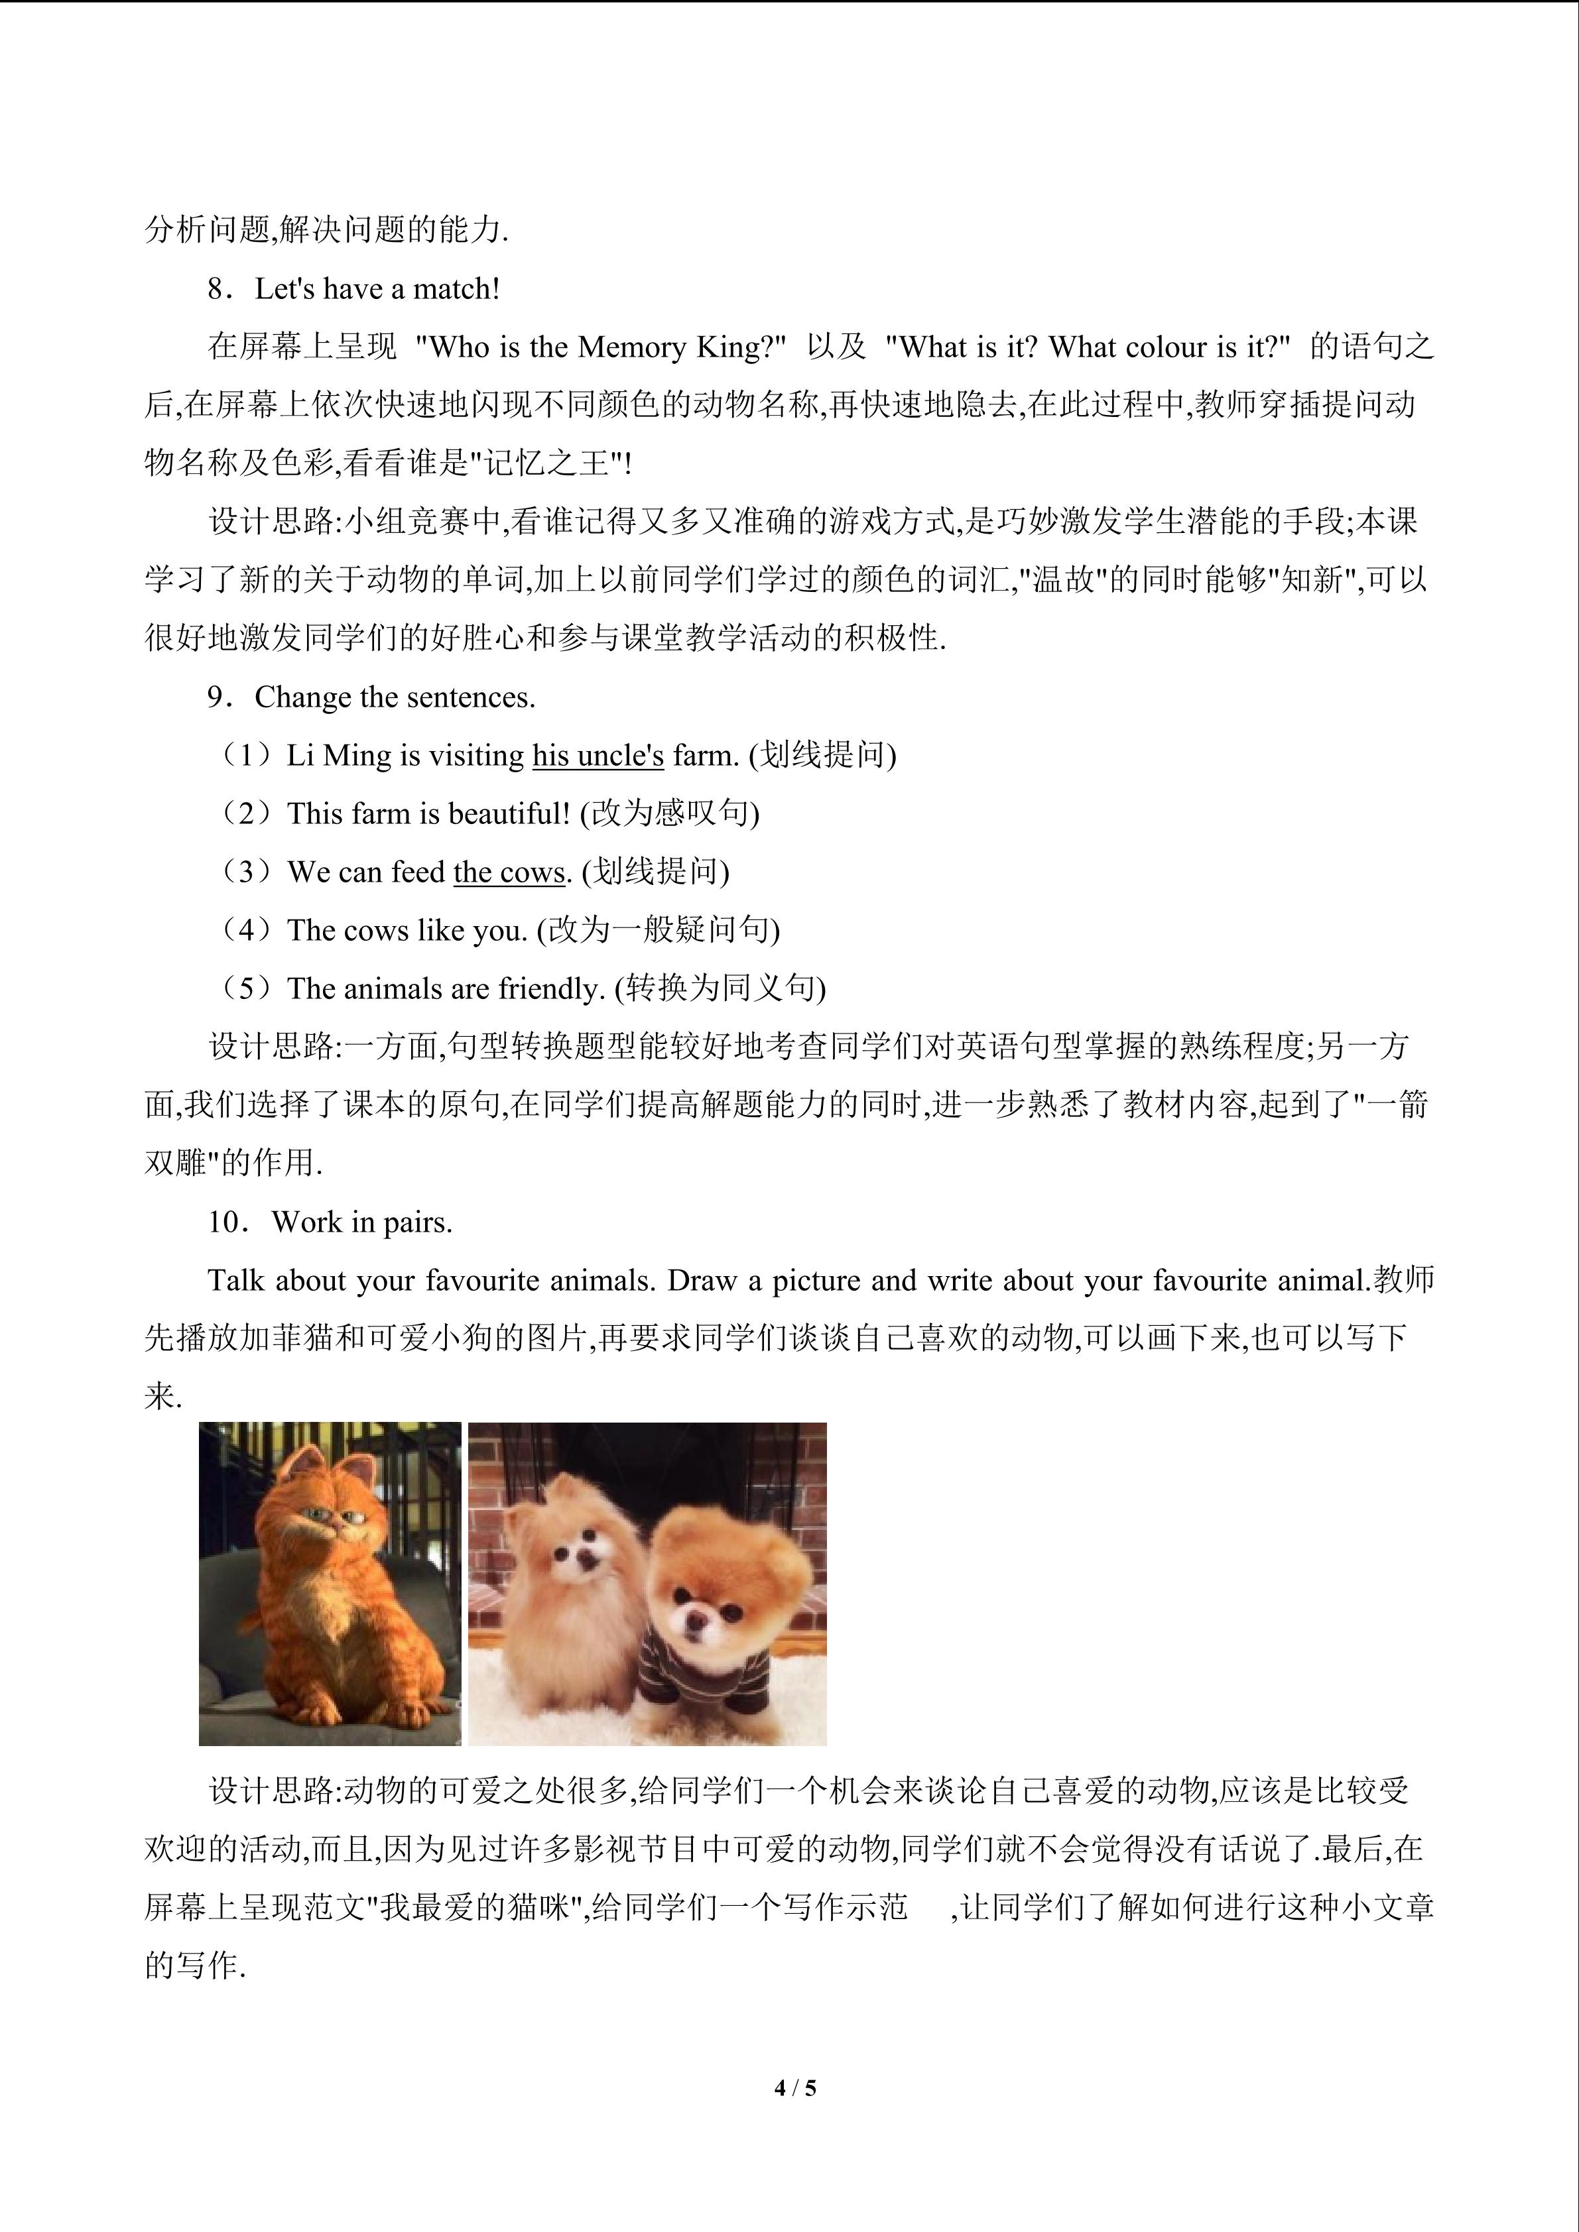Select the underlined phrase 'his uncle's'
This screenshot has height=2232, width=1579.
[598, 755]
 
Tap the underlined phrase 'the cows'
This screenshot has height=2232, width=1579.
[509, 872]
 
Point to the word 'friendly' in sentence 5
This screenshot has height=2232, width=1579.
[550, 988]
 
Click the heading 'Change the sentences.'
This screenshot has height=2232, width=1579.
[395, 697]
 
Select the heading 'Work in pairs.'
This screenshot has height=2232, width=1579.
[361, 1222]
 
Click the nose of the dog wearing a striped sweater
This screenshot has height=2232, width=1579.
[694, 1615]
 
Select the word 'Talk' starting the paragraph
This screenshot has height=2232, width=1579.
[236, 1280]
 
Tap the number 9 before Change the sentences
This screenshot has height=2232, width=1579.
[215, 697]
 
